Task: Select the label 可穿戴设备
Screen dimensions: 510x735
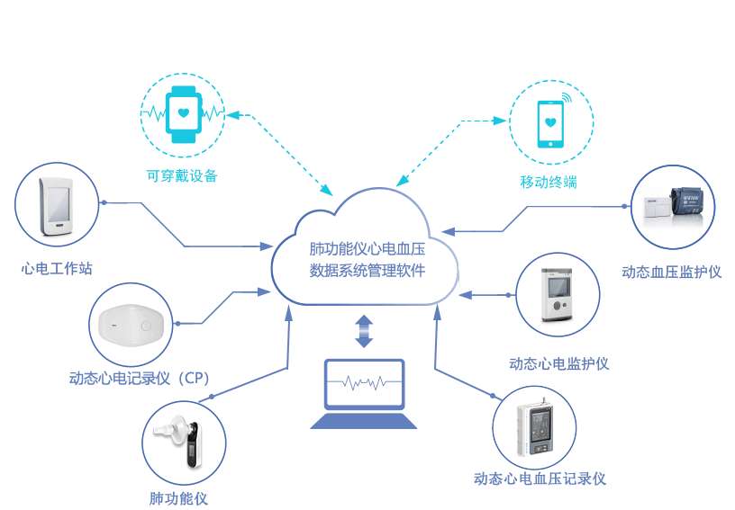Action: (182, 176)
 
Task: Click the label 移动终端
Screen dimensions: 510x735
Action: (548, 182)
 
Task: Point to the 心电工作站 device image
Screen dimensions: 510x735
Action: (56, 203)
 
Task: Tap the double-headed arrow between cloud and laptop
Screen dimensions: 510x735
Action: (363, 331)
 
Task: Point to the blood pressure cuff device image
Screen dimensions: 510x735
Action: (673, 205)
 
